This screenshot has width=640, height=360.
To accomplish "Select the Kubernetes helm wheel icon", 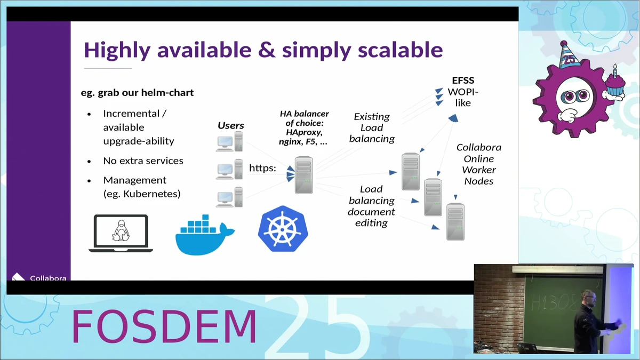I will pos(283,229).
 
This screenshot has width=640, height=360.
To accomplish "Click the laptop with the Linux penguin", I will pos(121,233).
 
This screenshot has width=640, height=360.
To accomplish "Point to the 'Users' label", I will pos(230,126).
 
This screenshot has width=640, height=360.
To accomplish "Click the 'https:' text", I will pos(262,168).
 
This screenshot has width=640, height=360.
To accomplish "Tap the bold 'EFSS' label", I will pos(463,81).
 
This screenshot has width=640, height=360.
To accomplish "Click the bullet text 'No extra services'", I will pos(143,161).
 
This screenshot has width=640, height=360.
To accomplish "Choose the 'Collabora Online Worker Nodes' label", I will pos(478,164).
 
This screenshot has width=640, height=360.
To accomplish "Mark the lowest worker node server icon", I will pos(455,221).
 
